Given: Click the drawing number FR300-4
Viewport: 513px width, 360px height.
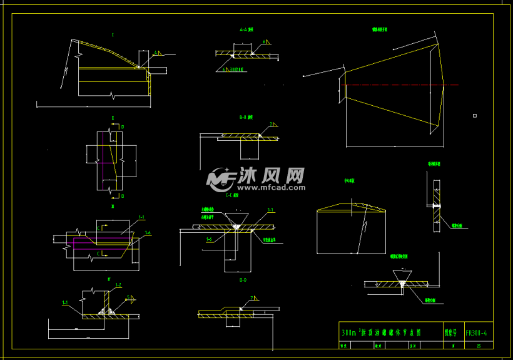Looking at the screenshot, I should pyautogui.click(x=477, y=332).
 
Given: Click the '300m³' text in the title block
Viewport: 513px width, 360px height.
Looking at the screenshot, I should pyautogui.click(x=348, y=332).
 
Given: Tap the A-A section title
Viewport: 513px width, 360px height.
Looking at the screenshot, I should pyautogui.click(x=246, y=29).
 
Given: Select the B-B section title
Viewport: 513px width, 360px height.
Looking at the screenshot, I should pyautogui.click(x=246, y=117).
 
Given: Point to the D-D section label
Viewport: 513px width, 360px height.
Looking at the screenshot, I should pyautogui.click(x=242, y=280).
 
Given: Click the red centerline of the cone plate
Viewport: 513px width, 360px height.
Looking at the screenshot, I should pyautogui.click(x=400, y=85).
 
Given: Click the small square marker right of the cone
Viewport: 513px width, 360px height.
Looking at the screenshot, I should pyautogui.click(x=475, y=115).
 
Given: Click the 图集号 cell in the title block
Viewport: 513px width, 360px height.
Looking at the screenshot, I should pyautogui.click(x=450, y=332).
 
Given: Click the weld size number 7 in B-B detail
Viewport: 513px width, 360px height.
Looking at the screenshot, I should pyautogui.click(x=271, y=123).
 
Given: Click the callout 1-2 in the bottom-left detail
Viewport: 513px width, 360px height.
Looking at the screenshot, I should pyautogui.click(x=118, y=285).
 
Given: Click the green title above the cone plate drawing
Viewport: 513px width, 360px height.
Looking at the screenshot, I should pyautogui.click(x=380, y=29).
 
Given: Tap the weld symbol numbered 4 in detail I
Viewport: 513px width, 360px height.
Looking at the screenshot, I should pyautogui.click(x=157, y=53).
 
